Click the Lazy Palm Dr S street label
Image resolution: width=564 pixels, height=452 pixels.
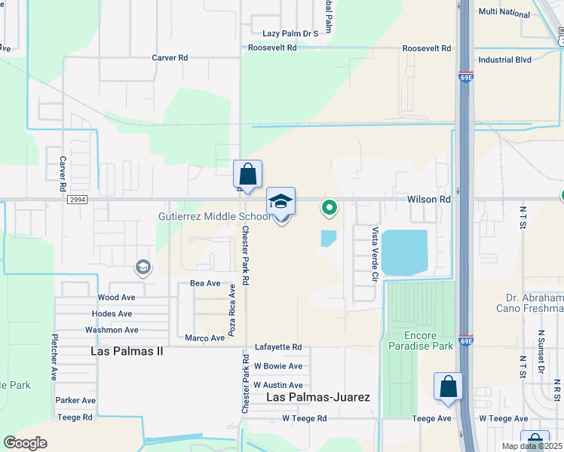click(x=290, y=34)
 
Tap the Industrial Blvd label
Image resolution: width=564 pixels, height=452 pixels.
click(x=504, y=60)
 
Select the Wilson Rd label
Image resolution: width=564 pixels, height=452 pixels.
click(x=428, y=200)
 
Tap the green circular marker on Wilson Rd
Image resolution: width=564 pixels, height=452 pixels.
click(x=329, y=206)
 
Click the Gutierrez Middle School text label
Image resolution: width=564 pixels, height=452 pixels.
click(x=214, y=217)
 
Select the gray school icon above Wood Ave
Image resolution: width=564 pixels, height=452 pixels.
click(x=143, y=267)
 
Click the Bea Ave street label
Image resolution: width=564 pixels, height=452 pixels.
click(x=205, y=283)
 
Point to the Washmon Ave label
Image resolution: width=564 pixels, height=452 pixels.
click(x=112, y=330)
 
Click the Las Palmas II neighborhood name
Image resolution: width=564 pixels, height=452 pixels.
click(x=127, y=351)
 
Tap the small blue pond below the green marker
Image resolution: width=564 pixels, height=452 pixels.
click(x=328, y=238)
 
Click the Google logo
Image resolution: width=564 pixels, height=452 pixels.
click(x=26, y=443)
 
